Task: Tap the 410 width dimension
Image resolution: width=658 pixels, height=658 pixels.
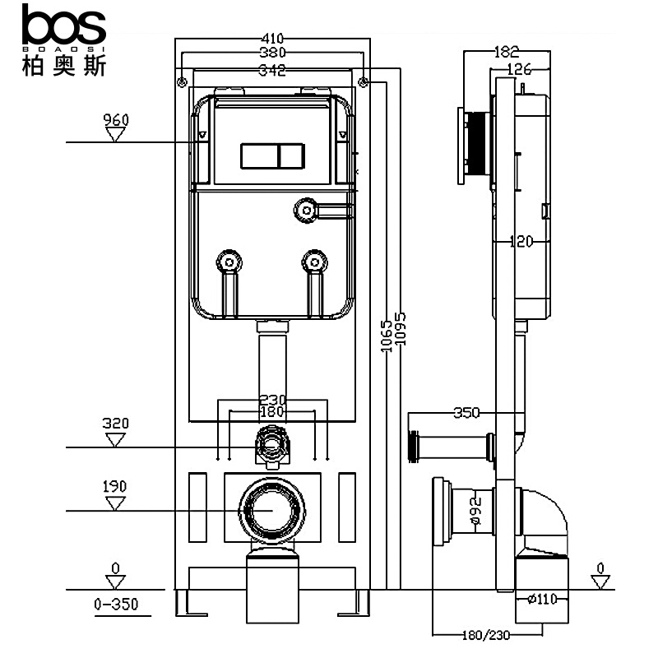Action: click(x=271, y=39)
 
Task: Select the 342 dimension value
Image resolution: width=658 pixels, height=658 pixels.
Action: click(x=271, y=71)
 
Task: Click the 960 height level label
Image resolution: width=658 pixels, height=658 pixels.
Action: click(x=116, y=120)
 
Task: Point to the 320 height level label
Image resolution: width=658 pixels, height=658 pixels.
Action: click(x=115, y=424)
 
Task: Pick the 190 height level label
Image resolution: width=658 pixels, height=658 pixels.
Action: click(x=115, y=487)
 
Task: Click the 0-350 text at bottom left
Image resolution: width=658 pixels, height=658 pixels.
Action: click(x=115, y=605)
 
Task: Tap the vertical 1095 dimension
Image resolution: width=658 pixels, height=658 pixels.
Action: click(x=401, y=329)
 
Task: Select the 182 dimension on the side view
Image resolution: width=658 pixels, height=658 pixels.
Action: click(x=507, y=52)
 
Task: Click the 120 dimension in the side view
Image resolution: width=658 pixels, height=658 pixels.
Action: click(x=520, y=241)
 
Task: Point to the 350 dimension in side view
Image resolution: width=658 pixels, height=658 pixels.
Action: click(x=466, y=412)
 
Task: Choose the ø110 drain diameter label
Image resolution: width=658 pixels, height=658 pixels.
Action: click(x=542, y=599)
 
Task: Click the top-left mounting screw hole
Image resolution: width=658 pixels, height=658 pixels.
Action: click(x=181, y=81)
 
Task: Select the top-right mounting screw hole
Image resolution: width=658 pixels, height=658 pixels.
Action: click(x=364, y=81)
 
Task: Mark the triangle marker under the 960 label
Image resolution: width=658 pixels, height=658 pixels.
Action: click(x=116, y=134)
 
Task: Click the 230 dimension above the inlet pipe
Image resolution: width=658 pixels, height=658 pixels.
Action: click(x=272, y=400)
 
